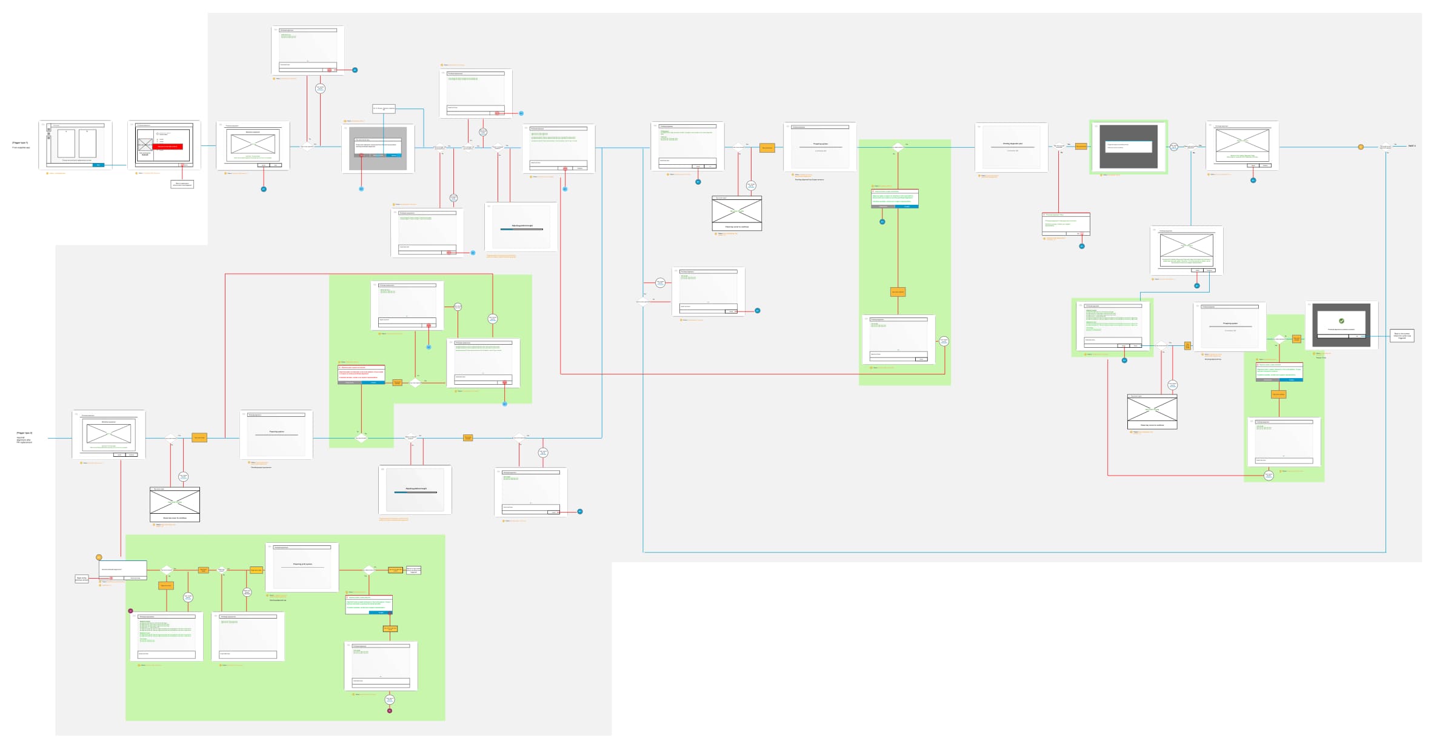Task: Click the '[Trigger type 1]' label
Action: click(20, 143)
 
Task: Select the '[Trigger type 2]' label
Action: click(25, 433)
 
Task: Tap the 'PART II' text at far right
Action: click(1412, 146)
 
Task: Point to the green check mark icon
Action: click(1341, 321)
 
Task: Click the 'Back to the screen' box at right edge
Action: click(1402, 336)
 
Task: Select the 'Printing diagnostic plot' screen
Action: click(1012, 147)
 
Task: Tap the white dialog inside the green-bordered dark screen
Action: click(1128, 147)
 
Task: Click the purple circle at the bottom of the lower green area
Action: click(390, 711)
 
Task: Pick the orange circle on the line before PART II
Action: click(1361, 147)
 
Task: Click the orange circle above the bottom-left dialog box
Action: click(99, 557)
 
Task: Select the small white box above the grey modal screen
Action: click(383, 109)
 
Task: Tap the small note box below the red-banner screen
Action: click(182, 184)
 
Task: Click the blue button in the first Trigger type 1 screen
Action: click(98, 165)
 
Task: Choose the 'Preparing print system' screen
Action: click(302, 566)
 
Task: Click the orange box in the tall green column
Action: click(898, 292)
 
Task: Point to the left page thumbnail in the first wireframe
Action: click(66, 144)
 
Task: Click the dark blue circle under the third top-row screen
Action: click(264, 189)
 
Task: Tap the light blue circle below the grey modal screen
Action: click(361, 189)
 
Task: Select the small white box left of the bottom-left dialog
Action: click(81, 579)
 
